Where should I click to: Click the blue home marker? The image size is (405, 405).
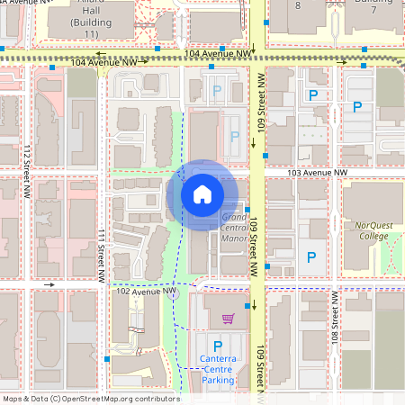point(202,193)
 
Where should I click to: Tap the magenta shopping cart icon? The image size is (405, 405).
point(228,319)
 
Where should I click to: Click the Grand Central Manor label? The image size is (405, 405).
point(234,228)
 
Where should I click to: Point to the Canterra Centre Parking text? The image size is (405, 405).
point(216,369)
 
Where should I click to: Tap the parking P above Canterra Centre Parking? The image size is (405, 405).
point(216,346)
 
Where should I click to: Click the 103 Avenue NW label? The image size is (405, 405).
point(317,172)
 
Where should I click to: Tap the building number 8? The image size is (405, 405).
point(298,5)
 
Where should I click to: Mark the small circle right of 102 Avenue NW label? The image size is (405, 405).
point(175,294)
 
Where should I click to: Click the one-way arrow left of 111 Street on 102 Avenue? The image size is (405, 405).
point(49,284)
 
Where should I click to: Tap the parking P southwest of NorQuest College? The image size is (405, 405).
point(312,257)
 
